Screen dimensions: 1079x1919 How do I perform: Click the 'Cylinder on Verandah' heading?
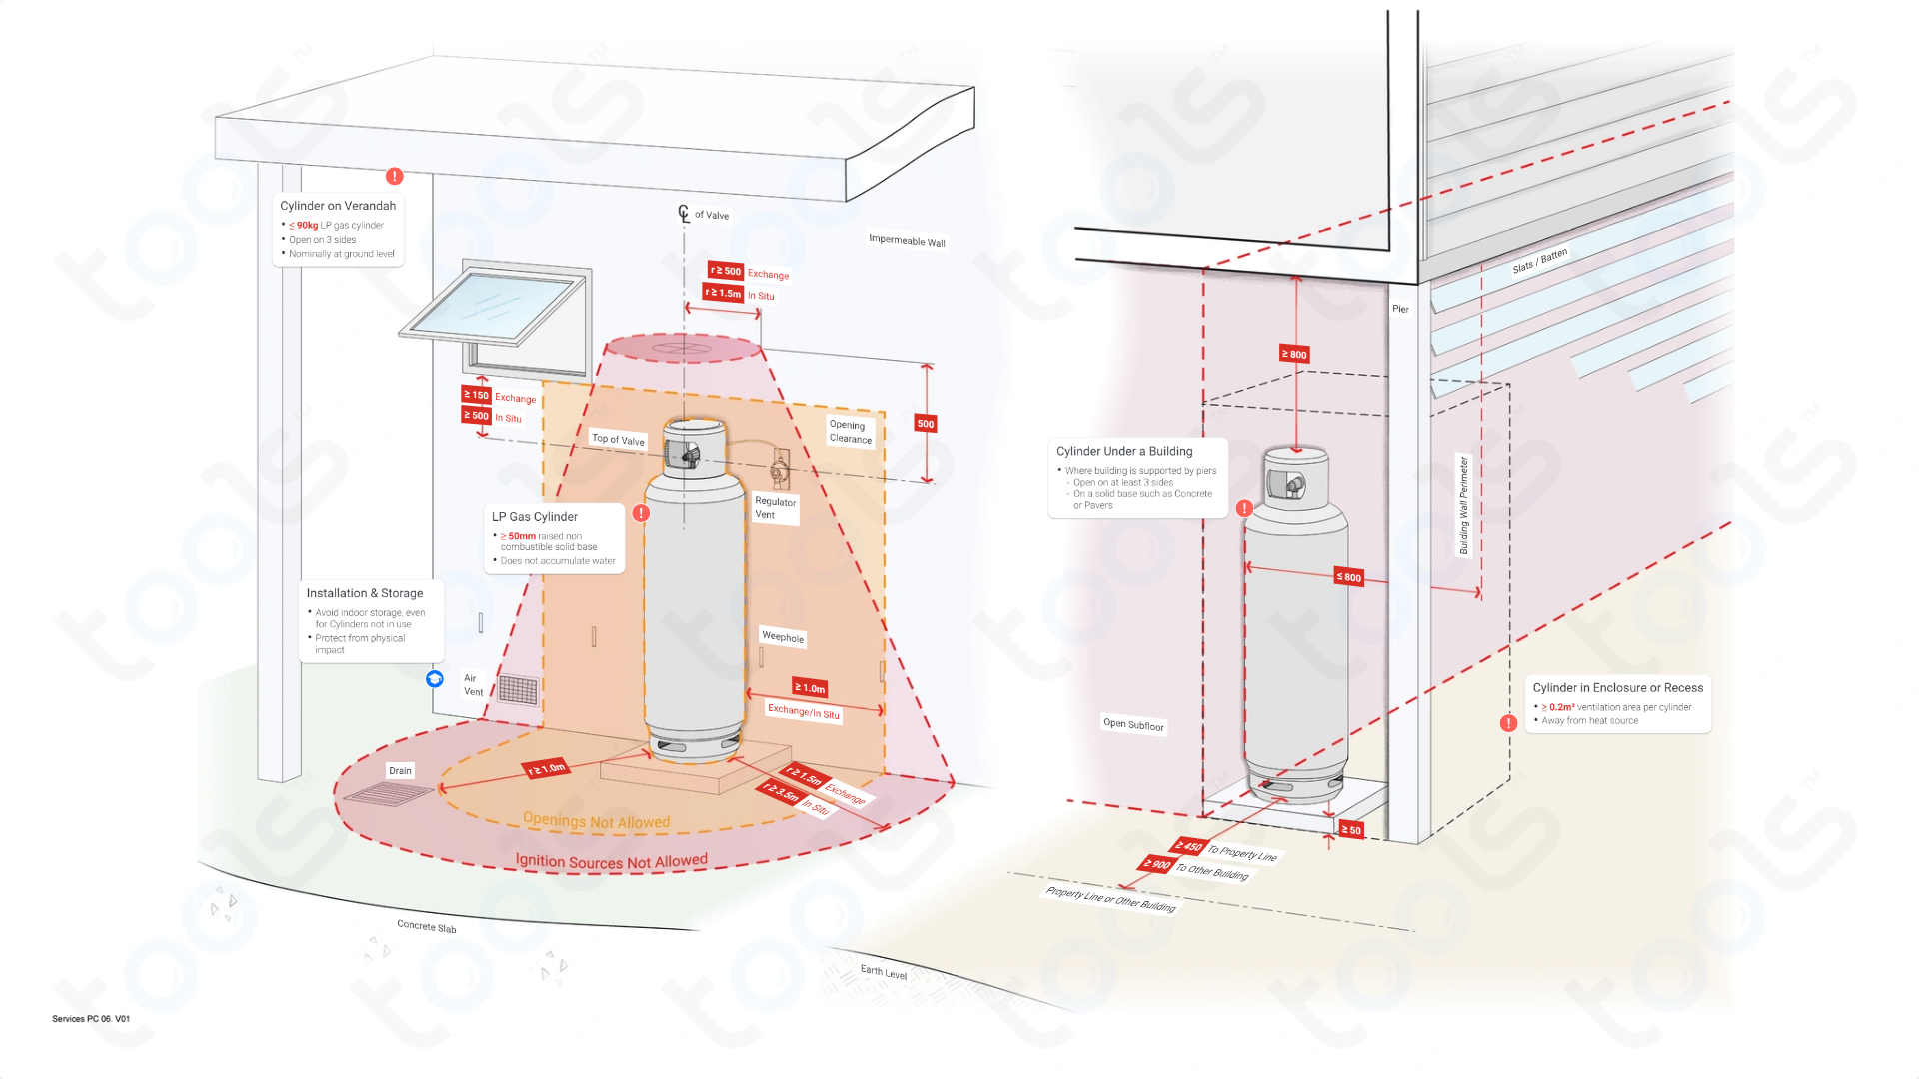tap(338, 206)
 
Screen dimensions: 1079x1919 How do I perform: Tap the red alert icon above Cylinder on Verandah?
tap(395, 176)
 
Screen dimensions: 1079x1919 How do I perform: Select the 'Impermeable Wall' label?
tap(907, 241)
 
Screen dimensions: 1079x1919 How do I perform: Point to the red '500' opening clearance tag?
tap(926, 424)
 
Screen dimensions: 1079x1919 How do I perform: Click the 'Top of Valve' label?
tap(618, 440)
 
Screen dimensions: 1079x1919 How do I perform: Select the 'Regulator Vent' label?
tap(775, 508)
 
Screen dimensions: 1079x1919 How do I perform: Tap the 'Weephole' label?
tap(783, 637)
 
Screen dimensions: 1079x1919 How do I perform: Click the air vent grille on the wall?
tap(518, 689)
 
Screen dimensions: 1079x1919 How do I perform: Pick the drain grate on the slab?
tap(388, 794)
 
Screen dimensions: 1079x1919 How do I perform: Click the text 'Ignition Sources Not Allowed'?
tap(611, 861)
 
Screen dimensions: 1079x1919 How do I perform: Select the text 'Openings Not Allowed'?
tap(596, 821)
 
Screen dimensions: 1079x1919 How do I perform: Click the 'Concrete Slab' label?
tap(426, 926)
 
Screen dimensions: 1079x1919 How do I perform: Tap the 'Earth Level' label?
tap(884, 972)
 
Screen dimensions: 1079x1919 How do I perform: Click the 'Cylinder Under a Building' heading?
tap(1124, 451)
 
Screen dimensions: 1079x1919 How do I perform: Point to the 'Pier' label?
tap(1400, 309)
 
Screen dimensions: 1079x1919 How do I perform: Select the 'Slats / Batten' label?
tap(1540, 260)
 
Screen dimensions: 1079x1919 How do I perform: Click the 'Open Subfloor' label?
tap(1133, 724)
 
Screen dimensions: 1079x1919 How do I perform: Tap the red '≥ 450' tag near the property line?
tap(1188, 846)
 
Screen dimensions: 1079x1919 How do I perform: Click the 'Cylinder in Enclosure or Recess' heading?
tap(1617, 688)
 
